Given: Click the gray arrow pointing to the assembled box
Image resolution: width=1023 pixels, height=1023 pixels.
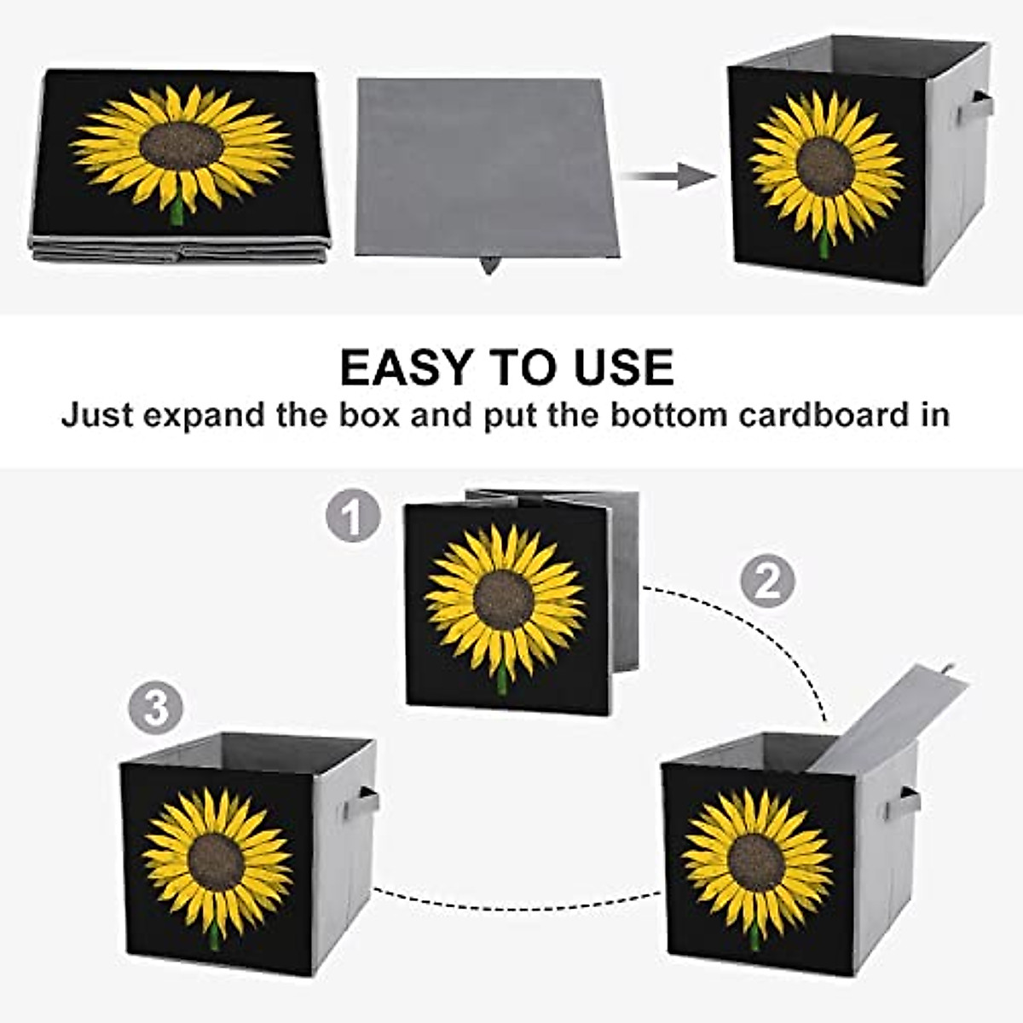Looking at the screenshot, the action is coord(669,176).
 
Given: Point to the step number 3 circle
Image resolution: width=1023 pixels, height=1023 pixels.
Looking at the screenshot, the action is coord(156,708).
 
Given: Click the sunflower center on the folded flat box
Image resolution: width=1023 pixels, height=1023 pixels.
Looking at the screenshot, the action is coord(182,146).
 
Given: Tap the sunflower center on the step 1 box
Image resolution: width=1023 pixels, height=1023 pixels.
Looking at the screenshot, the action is coord(504,600).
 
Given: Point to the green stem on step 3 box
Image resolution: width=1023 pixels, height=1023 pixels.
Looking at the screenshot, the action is coord(214,938).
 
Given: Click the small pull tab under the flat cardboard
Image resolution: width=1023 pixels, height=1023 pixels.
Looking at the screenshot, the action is coord(489,265).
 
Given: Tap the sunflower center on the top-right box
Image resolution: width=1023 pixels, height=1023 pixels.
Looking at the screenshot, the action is coord(825,166).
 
